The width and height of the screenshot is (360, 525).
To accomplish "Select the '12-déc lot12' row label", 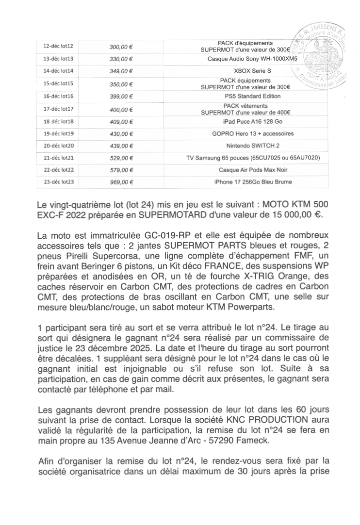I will click(x=58, y=47).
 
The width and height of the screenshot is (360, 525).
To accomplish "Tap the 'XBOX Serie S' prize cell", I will click(x=245, y=71).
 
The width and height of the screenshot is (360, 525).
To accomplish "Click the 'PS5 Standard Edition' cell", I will click(x=245, y=96).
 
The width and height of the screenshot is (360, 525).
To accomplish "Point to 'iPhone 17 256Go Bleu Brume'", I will click(x=245, y=182).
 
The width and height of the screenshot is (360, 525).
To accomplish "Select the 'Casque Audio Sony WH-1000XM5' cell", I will click(x=245, y=59).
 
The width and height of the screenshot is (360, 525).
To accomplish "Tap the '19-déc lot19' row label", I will click(x=58, y=133).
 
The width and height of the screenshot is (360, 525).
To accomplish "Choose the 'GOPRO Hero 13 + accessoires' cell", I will click(x=245, y=133).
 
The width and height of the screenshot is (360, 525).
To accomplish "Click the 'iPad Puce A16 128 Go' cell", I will click(x=245, y=121).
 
